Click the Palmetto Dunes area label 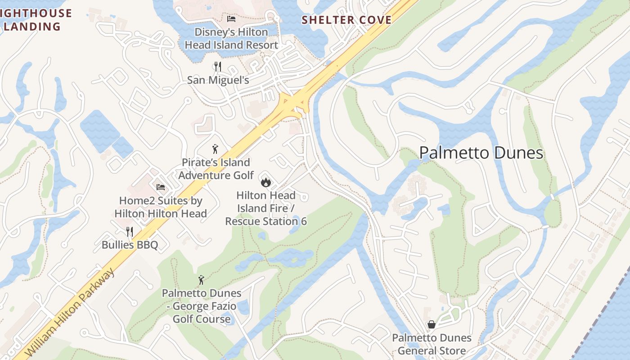(x=481, y=153)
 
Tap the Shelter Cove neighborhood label (x=346, y=20)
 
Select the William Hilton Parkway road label (x=70, y=312)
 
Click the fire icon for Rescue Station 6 (x=265, y=182)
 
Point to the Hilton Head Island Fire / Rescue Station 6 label (x=266, y=208)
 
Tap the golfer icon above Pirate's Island (x=215, y=149)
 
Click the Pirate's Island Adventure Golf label (x=216, y=169)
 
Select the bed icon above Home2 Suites (x=161, y=187)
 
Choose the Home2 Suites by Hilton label (x=161, y=207)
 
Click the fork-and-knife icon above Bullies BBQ (x=130, y=232)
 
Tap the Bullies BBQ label (x=130, y=245)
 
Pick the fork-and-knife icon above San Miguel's (x=218, y=67)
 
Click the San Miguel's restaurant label (x=218, y=80)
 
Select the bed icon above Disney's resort (x=231, y=19)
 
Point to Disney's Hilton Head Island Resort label (x=231, y=39)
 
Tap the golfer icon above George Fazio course (x=201, y=280)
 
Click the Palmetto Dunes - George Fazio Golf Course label (x=202, y=306)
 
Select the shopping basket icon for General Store (x=431, y=324)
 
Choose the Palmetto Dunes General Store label (x=431, y=344)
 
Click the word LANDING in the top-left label (x=32, y=27)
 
